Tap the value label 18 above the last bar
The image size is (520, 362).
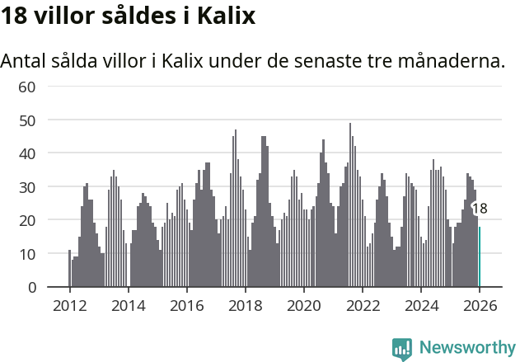coord(480,209)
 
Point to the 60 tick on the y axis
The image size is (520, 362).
coord(27,87)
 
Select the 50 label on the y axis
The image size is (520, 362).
coord(27,120)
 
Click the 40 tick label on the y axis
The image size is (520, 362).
coord(27,153)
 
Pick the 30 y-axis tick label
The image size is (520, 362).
coord(27,187)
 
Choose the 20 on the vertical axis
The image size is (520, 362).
coord(27,220)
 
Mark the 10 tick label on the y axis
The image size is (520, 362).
coord(27,254)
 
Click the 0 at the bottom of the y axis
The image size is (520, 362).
coord(31,287)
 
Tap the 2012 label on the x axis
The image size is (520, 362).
coord(69,306)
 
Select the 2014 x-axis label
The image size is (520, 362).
coord(128,306)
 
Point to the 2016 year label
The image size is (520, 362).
coord(186,306)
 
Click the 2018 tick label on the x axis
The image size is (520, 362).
coord(245,306)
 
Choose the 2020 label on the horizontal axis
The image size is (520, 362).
coord(303,306)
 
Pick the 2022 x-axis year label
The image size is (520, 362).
coord(362,306)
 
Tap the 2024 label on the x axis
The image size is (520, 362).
coord(420,306)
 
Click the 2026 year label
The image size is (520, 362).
coord(479,306)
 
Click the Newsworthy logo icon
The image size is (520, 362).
coord(402,348)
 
